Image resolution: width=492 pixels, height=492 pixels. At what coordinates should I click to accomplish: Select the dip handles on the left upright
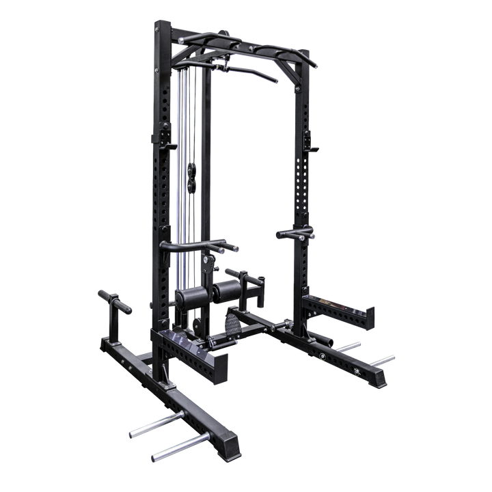[x=198, y=244]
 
